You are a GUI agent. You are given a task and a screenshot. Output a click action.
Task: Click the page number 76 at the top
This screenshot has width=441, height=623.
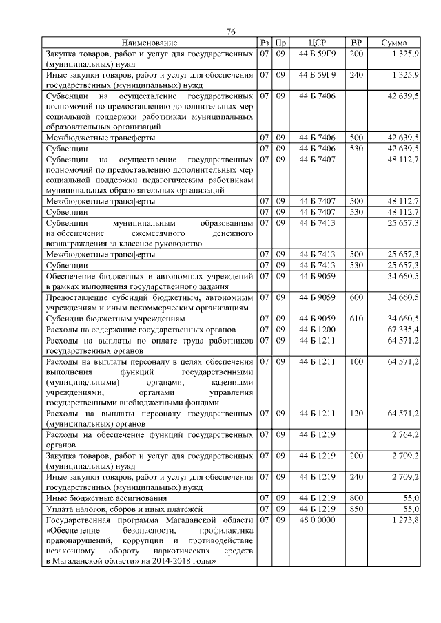231,32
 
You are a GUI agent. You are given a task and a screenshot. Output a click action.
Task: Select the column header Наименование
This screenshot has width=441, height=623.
150,43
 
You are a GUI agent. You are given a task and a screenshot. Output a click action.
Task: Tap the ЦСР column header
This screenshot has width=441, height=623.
318,43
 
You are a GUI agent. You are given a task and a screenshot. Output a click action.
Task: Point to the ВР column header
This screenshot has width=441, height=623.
356,43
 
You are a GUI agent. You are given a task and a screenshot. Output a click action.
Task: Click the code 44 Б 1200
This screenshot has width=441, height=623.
318,329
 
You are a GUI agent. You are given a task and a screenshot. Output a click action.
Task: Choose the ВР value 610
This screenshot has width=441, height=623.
356,318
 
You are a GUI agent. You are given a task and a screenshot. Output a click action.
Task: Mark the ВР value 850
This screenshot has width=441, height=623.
356,508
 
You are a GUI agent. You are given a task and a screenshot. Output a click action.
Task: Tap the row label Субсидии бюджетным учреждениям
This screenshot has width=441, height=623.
114,319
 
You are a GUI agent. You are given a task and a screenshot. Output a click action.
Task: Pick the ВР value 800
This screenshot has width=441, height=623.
356,497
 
